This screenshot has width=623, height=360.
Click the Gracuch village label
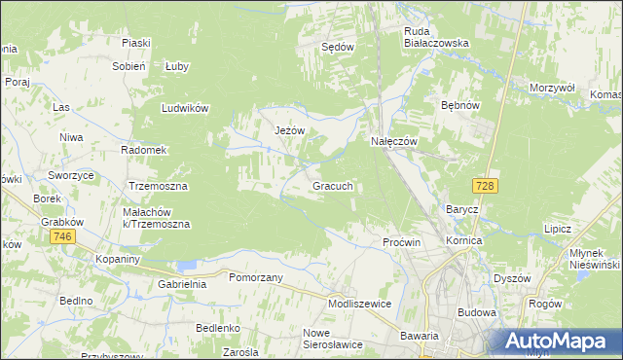coord(338,185)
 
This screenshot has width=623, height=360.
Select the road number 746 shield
coord(64,237)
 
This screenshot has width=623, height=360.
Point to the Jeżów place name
coord(290,131)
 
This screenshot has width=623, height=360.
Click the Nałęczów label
coord(394,141)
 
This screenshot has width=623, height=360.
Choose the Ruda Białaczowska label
coord(436,36)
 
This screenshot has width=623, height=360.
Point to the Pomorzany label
coord(255,277)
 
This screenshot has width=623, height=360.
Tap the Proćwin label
coord(401,241)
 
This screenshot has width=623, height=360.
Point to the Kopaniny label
coord(119,260)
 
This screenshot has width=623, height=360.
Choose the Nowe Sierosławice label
coord(332,339)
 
